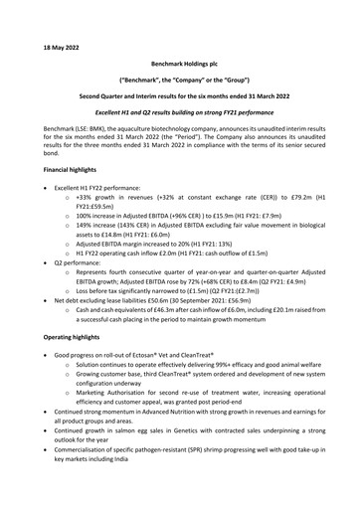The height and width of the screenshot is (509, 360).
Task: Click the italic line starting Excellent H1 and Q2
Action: tap(179, 118)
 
